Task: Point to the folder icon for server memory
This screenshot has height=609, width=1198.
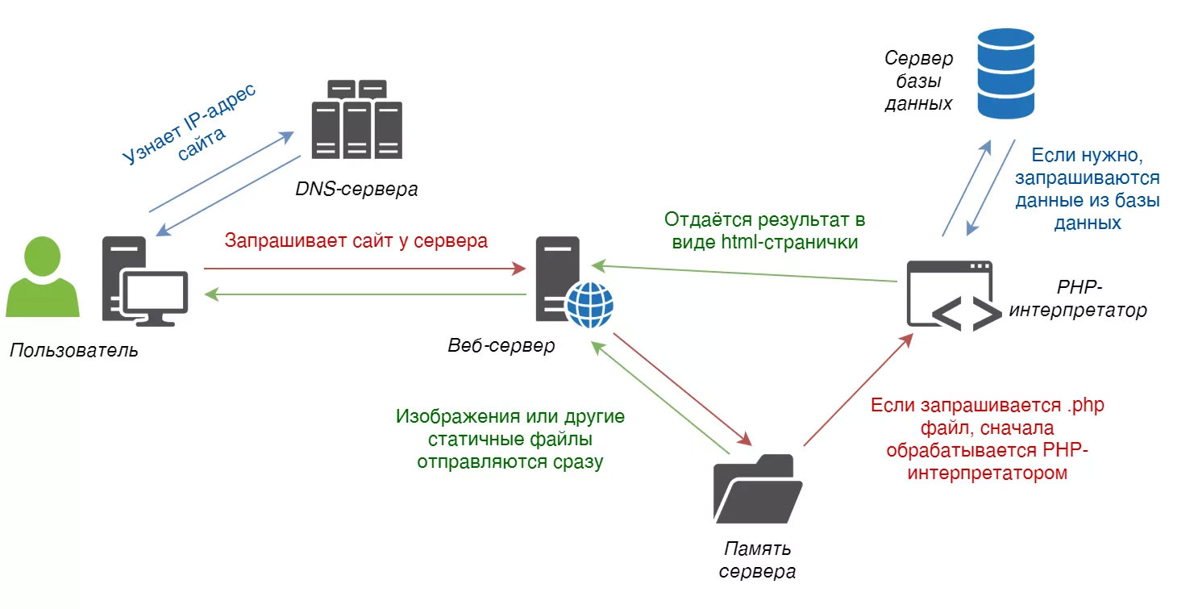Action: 757,489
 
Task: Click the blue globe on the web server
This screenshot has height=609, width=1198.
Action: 589,304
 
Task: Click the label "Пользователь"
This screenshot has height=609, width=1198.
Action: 74,351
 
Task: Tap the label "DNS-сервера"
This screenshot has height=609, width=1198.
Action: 356,190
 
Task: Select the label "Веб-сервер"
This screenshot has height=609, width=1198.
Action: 501,346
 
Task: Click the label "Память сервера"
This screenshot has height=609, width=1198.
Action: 757,561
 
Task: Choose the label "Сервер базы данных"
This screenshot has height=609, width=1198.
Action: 918,81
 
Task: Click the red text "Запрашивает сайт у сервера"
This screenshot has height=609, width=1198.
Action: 356,240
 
